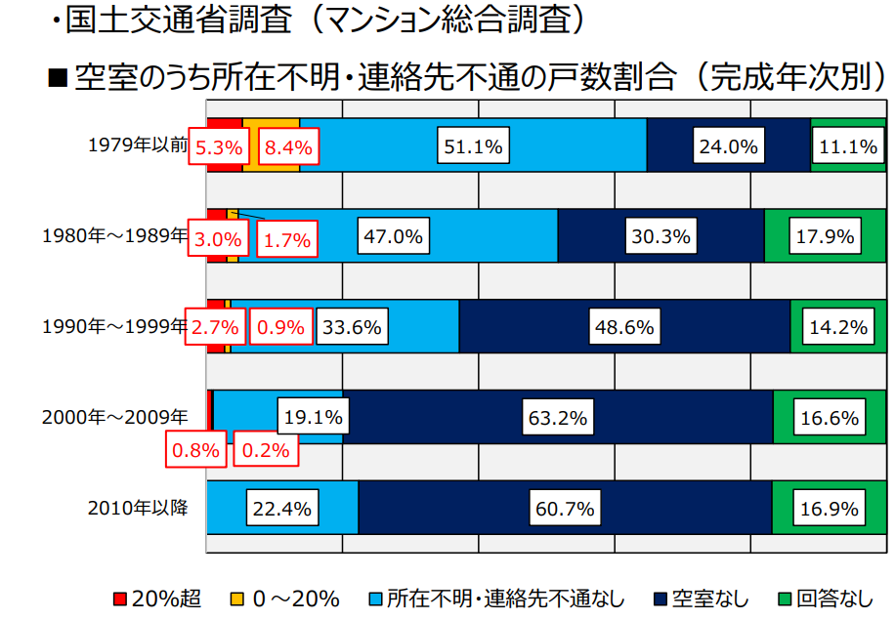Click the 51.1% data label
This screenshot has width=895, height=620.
473,147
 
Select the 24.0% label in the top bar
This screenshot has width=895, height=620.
728,147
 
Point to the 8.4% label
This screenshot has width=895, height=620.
288,148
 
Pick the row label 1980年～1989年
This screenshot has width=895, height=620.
114,234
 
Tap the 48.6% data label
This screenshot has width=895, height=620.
623,327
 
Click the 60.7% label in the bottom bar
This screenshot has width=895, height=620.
566,509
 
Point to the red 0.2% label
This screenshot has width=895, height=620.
265,451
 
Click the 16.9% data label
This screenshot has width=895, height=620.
829,509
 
